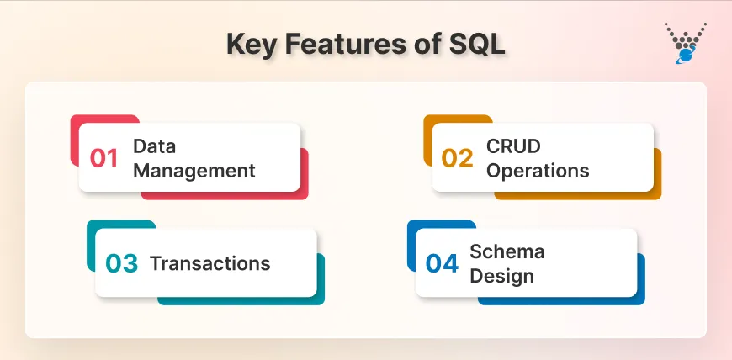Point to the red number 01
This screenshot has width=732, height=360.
(104, 158)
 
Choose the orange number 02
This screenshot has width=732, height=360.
(458, 158)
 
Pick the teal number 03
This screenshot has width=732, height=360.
(121, 264)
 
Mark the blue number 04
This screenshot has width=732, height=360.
(442, 264)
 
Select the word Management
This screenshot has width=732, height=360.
(194, 170)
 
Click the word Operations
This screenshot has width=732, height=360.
(538, 170)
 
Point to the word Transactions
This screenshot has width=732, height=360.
(210, 263)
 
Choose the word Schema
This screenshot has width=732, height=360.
(507, 251)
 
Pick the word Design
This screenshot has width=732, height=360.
(501, 276)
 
